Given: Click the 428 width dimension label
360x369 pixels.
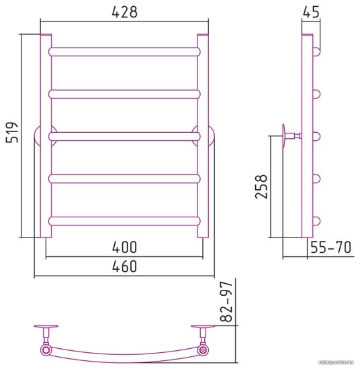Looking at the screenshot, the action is pyautogui.click(x=124, y=12).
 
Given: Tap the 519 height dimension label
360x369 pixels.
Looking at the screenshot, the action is pyautogui.click(x=12, y=132).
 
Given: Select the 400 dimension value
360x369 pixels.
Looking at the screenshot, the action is pyautogui.click(x=124, y=247).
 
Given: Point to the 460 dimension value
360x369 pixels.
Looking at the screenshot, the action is pyautogui.click(x=124, y=266).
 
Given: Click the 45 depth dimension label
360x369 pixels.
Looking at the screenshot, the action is pyautogui.click(x=311, y=12).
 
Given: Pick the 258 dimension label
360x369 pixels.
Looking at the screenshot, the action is pyautogui.click(x=261, y=187).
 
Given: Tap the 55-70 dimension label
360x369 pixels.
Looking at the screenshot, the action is pyautogui.click(x=331, y=247).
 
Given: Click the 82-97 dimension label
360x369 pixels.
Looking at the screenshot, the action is pyautogui.click(x=226, y=301).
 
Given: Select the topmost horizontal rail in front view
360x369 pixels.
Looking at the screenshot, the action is pyautogui.click(x=124, y=52).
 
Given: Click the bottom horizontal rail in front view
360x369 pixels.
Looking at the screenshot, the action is pyautogui.click(x=124, y=221).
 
